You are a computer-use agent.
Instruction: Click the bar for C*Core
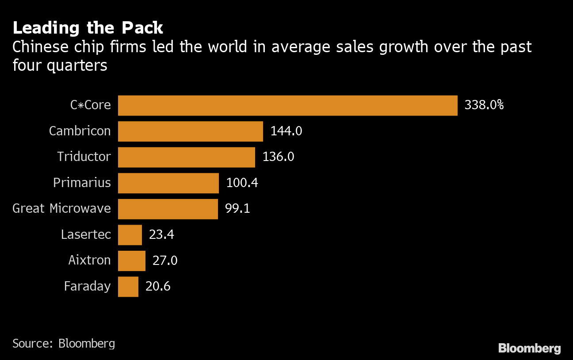coord(287,105)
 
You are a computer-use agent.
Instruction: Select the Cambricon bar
coord(190,131)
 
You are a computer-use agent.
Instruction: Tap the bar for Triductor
coord(186,157)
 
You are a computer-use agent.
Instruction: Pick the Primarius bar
coord(168,183)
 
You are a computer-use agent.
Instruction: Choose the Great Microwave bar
coord(168,209)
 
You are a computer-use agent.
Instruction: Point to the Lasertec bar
coord(130,234)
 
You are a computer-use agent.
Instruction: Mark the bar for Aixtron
coord(131,260)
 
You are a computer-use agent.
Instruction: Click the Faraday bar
coord(128,286)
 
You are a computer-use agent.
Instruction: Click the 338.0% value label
coord(484,105)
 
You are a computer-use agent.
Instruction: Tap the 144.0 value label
coord(286,131)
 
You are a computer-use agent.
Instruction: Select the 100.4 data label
coord(242,183)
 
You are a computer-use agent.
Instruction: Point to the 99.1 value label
coord(237,209)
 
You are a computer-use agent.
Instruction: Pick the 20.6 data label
coord(158,286)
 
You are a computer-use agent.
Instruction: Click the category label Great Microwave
coord(61,209)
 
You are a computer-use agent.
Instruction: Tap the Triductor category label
coord(84,157)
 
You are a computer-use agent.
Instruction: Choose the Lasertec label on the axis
coord(86,234)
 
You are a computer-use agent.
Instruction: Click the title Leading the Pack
coord(88,28)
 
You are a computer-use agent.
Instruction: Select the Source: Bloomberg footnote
coord(64,344)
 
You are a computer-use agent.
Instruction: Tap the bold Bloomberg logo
coord(529,349)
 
